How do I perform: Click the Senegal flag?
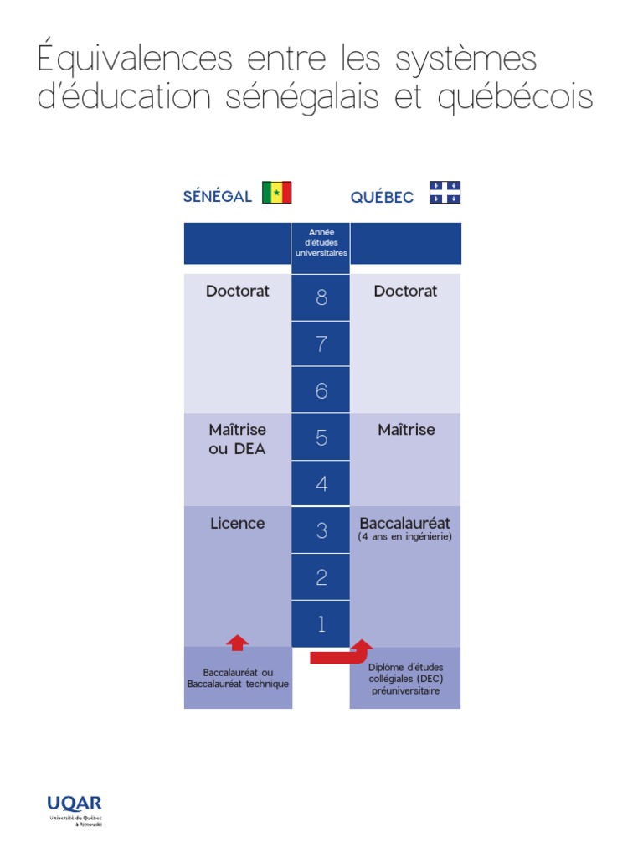(276, 193)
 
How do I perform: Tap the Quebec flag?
(445, 193)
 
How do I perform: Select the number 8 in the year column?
(321, 297)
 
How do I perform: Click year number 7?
(321, 344)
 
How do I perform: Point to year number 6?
(321, 390)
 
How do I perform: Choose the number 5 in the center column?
(321, 437)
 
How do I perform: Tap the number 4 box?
(321, 484)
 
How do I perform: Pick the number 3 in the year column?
(321, 530)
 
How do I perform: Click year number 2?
(321, 577)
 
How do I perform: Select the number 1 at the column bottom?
(321, 624)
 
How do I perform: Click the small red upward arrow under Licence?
(238, 643)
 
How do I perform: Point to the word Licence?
(238, 524)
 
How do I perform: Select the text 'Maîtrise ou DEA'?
(238, 439)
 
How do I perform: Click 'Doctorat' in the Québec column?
(405, 292)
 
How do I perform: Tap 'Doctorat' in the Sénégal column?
(238, 292)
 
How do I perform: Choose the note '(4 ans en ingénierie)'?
(405, 537)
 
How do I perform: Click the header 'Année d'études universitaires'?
(321, 242)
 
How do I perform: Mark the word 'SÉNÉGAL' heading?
(218, 197)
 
